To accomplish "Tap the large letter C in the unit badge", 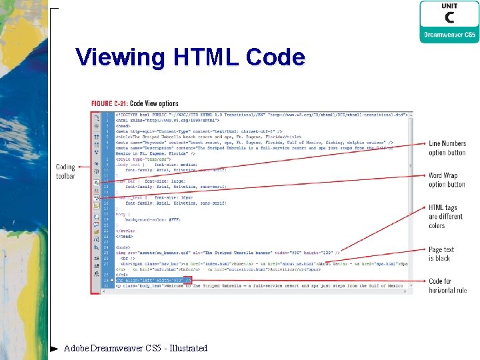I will pos(449,18).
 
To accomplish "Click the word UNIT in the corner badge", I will pos(449,6).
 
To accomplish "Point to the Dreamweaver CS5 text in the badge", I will pos(449,34).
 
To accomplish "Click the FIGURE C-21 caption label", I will pos(135,103).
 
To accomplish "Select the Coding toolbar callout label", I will pos(65,171).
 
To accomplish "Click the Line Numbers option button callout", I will pos(447,148).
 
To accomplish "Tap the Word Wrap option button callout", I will pos(447,180).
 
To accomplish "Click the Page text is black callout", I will pos(441,254).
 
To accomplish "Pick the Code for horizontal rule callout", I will pos(448,285).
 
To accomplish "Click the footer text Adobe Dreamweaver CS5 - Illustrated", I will pos(135,348).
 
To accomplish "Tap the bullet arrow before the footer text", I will pos(54,348).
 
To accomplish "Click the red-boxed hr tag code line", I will pos(154,281).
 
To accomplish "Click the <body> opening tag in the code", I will pos(123,247).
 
